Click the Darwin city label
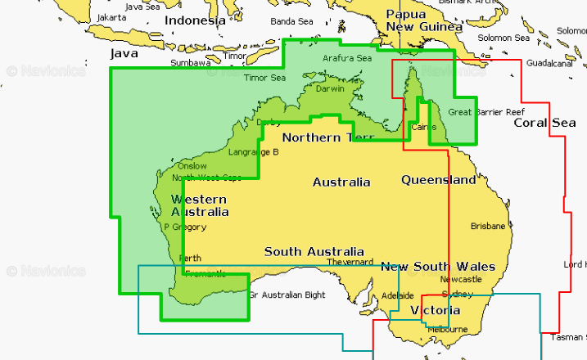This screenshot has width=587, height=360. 330,88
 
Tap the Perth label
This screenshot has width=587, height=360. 189,258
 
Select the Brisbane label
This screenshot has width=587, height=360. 489,226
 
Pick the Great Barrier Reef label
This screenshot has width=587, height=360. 486,111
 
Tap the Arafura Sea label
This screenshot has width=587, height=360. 347,58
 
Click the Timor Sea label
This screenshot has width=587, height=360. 265,78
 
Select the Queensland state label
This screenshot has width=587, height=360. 438,179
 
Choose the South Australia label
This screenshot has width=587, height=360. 314,251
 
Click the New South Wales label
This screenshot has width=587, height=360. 438,267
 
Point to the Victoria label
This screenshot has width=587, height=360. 435,311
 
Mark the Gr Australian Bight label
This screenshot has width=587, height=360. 287,295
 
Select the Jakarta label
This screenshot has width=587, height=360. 112,17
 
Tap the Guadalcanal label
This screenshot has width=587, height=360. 548,63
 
